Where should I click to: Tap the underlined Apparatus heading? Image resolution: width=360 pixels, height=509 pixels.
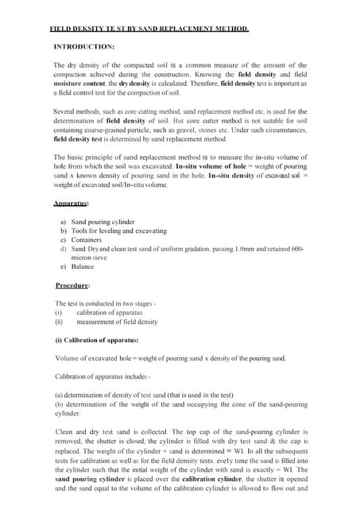[x=70, y=204]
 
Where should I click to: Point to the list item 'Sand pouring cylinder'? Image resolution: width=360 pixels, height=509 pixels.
[x=103, y=221]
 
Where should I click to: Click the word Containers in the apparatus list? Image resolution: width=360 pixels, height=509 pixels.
[x=87, y=239]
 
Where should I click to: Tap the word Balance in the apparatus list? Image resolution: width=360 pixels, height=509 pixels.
[x=83, y=267]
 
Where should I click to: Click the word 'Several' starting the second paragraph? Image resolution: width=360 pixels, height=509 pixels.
[x=67, y=110]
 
